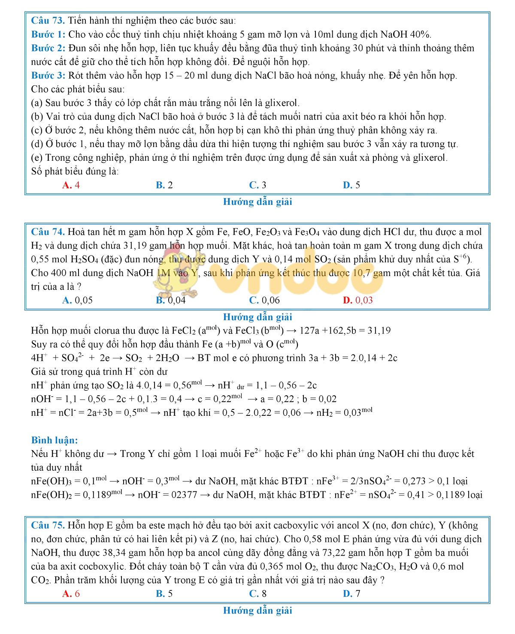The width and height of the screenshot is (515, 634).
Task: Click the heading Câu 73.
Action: [48, 21]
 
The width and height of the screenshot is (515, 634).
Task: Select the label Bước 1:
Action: [48, 34]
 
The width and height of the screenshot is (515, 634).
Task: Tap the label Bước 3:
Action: [48, 75]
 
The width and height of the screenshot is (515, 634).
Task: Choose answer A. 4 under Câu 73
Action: [71, 185]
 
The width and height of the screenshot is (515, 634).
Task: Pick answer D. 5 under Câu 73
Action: [351, 185]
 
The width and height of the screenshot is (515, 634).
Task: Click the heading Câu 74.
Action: [48, 232]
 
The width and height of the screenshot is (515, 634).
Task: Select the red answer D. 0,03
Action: [357, 300]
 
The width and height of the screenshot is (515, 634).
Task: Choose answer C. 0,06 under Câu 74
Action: [264, 300]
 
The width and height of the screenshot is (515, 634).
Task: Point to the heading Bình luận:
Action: [55, 440]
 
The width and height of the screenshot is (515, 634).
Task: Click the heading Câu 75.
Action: [48, 525]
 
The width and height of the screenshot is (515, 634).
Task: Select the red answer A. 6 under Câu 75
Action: [71, 594]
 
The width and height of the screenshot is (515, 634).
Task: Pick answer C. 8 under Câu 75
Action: [257, 594]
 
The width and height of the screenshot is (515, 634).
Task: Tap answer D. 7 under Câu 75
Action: [351, 594]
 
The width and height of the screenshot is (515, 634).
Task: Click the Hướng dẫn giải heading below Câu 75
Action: [257, 610]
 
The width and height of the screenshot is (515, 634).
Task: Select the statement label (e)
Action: [36, 158]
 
